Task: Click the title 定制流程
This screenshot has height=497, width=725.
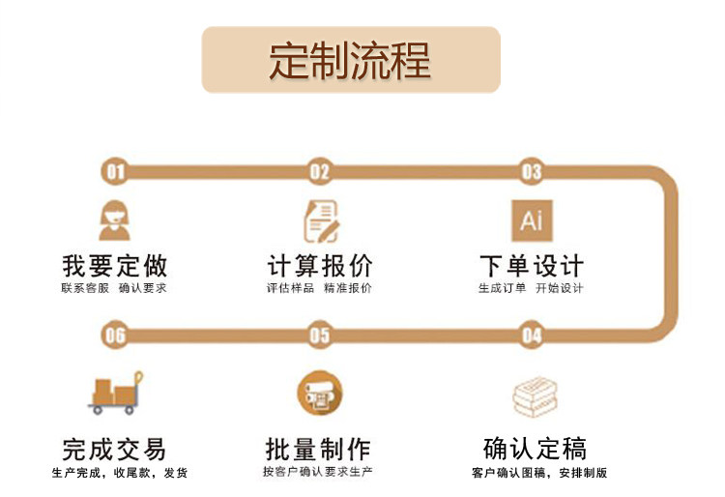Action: point(350,61)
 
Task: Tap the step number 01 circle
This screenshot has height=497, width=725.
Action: point(115,172)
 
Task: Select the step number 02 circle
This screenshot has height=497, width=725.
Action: point(319,172)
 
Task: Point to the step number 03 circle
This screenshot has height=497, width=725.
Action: point(532,172)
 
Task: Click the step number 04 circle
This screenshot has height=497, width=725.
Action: point(532,336)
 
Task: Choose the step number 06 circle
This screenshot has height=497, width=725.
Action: point(115,336)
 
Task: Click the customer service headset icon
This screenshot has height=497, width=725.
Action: point(115,219)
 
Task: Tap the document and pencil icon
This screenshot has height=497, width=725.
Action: point(320,220)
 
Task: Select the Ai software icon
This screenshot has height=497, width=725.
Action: point(532,219)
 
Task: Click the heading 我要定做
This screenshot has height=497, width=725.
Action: point(114,265)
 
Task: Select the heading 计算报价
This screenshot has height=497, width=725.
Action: point(319,265)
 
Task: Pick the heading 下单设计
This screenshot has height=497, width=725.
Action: point(532,265)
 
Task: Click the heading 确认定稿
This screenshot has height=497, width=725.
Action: point(535,449)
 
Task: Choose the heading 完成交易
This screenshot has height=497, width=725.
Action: point(114,449)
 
